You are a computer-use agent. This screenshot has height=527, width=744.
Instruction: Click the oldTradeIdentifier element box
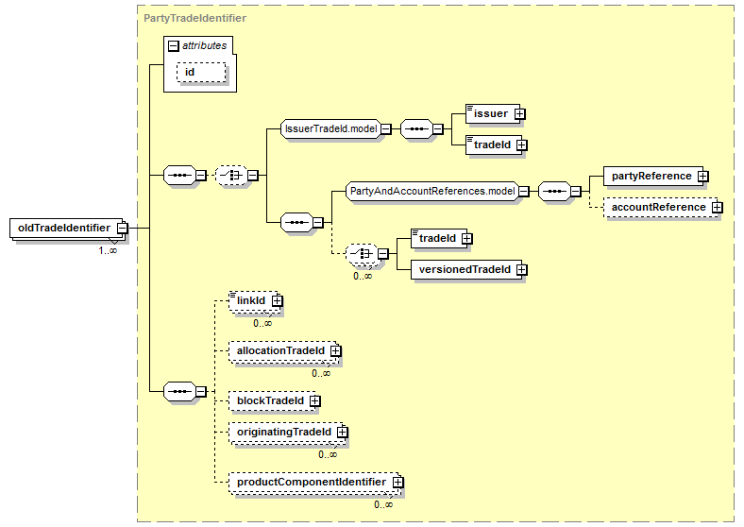tap(68, 228)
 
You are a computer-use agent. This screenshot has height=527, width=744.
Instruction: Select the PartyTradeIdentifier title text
tap(195, 18)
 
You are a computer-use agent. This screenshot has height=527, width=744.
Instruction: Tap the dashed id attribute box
tap(201, 72)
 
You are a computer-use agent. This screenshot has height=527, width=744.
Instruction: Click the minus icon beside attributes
tap(174, 45)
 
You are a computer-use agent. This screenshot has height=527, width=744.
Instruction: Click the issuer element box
tap(493, 114)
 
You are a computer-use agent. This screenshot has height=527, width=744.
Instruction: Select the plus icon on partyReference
tap(703, 177)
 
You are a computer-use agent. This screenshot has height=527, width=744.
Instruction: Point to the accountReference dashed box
tap(661, 208)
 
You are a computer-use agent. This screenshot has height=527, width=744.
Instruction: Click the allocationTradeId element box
tap(283, 351)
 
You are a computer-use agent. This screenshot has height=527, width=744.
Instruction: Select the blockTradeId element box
tap(272, 401)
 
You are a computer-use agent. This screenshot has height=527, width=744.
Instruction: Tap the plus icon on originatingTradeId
tap(342, 432)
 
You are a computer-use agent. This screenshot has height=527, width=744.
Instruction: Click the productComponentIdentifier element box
tap(313, 483)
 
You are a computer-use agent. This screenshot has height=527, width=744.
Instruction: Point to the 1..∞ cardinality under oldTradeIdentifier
tap(108, 250)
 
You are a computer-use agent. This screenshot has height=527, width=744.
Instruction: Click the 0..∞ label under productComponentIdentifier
tap(383, 504)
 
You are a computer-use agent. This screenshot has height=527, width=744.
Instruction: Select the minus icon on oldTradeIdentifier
tap(122, 228)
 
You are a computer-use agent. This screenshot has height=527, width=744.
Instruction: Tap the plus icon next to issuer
tap(519, 114)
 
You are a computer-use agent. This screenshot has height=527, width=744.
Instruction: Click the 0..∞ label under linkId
tap(262, 323)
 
